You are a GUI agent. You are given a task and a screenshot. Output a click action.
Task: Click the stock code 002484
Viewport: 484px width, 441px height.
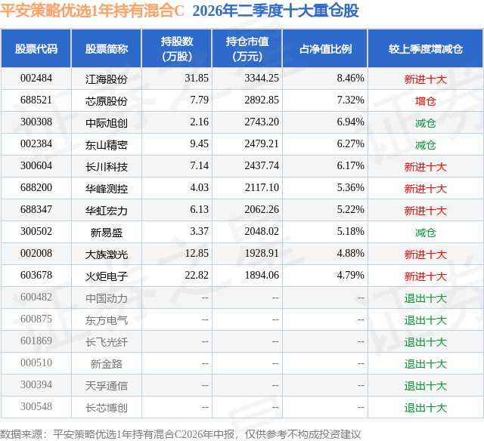[36, 79]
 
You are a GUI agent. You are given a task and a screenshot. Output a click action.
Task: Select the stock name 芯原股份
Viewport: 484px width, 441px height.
[107, 101]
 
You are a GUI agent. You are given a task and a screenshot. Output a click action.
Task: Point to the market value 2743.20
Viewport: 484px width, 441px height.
[262, 122]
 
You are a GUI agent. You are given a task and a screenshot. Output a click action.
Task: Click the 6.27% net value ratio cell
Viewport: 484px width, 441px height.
[351, 144]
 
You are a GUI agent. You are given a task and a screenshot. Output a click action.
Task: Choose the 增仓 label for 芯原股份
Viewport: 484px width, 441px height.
[425, 101]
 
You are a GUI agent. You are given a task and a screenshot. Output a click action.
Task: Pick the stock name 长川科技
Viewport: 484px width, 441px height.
[107, 167]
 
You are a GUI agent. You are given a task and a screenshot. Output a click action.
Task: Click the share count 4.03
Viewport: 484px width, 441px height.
[200, 188]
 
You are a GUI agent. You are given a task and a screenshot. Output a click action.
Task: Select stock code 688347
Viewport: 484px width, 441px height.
[36, 210]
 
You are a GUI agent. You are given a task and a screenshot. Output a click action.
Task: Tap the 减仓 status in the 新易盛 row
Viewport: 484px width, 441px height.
[425, 233]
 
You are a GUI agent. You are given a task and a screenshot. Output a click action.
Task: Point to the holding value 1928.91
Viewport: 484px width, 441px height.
[262, 253]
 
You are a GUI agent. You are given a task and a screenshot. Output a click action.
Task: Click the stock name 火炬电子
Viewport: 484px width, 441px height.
[107, 276]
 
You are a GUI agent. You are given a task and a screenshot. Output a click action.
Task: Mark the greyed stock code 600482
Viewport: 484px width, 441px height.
[36, 297]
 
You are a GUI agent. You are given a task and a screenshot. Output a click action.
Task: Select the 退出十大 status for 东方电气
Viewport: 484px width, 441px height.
[425, 320]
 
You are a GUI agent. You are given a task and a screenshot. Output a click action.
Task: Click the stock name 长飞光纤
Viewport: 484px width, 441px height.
[107, 342]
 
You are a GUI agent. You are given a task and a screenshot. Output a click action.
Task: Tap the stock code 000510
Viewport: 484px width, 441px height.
[36, 362]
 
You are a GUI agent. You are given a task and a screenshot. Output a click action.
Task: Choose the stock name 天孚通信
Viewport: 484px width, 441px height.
[107, 386]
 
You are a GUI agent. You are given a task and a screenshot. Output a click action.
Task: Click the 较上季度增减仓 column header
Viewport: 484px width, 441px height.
[425, 49]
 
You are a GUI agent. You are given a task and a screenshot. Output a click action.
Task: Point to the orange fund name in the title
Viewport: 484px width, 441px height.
[92, 11]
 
